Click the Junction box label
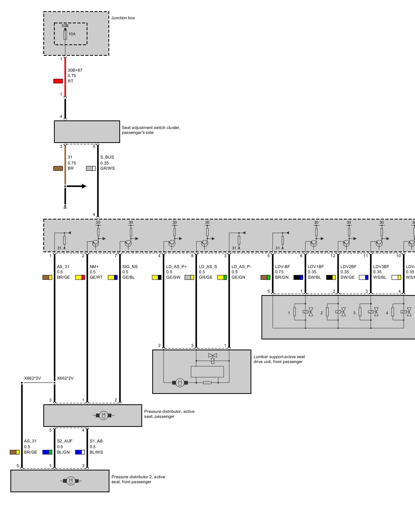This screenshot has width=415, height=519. point(123,18)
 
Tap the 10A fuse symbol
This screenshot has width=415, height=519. point(65,35)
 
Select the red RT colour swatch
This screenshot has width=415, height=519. point(58,81)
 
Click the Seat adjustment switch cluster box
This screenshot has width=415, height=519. point(87,132)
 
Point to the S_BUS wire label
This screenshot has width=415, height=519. point(107,157)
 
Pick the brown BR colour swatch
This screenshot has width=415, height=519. point(58,168)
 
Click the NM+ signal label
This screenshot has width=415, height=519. point(94,267)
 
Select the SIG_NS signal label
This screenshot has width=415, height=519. point(130,267)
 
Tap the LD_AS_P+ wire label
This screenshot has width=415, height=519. point(176,267)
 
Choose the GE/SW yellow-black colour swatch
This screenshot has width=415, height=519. point(157,277)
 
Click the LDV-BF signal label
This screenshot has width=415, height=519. point(282,267)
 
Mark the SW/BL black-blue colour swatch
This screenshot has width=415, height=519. point(298,277)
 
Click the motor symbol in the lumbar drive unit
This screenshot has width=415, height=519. point(180,383)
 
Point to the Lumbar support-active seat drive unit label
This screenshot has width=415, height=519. point(279,359)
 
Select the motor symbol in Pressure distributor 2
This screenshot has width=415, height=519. point(71,481)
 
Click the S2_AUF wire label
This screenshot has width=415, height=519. point(65,441)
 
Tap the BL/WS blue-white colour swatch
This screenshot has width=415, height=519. point(80,452)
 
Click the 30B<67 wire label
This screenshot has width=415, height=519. point(75,70)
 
